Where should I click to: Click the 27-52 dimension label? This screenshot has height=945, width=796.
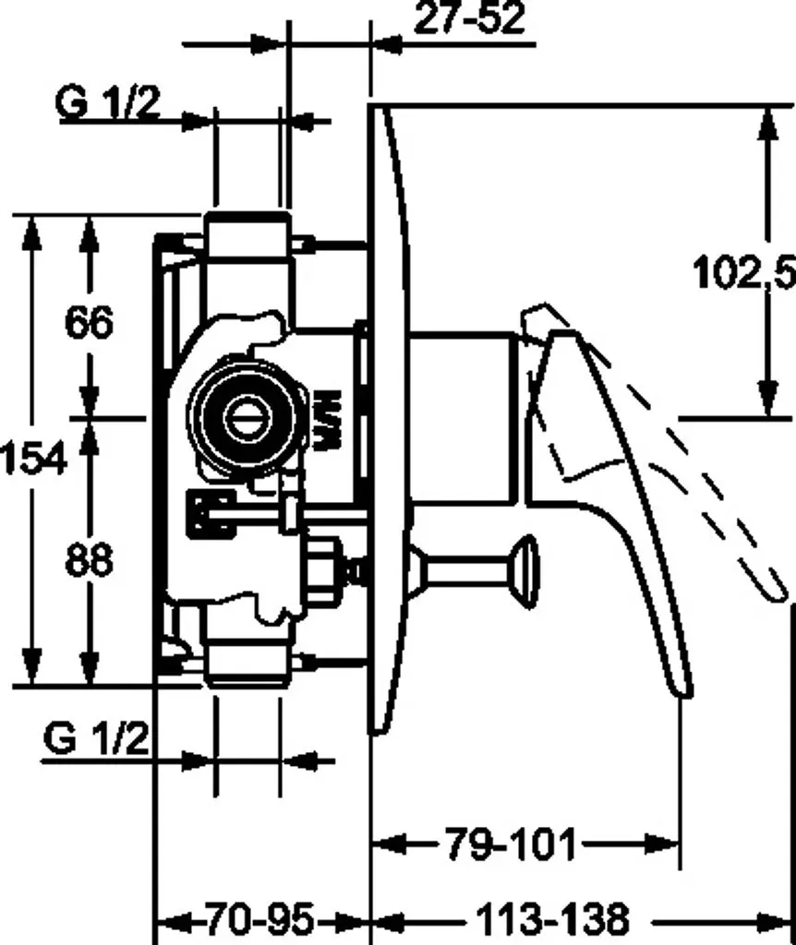tap(469, 18)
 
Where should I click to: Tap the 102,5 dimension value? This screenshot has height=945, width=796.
tap(744, 272)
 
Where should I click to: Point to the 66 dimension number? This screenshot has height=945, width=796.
tap(89, 322)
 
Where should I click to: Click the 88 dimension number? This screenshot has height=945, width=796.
tap(89, 559)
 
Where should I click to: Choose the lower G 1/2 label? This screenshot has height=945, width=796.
tap(96, 737)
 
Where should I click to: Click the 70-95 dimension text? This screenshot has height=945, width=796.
tap(260, 920)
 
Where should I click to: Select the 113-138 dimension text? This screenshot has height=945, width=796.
tap(552, 920)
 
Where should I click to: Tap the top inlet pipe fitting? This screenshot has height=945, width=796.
tap(247, 235)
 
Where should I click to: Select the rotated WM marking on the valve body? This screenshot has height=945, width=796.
tap(328, 420)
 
